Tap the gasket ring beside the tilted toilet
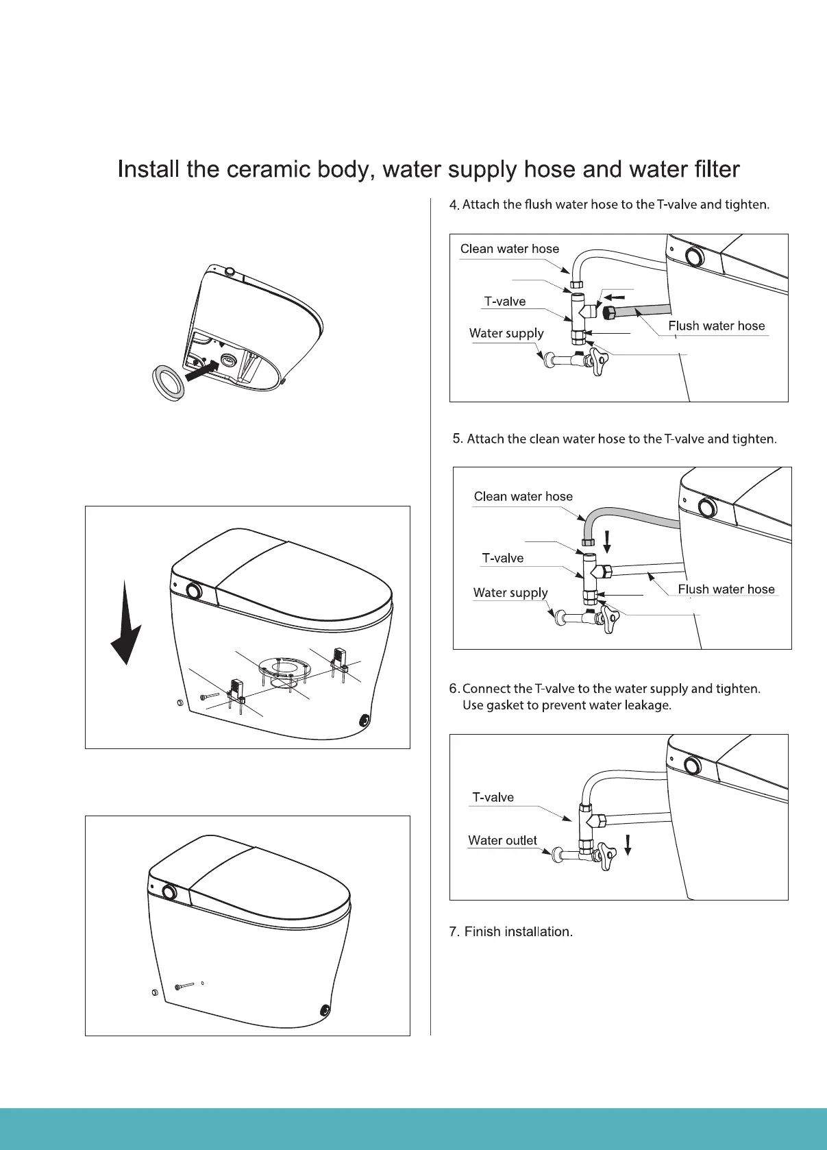pyautogui.click(x=169, y=382)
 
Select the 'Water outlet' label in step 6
pyautogui.click(x=502, y=840)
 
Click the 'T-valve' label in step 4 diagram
pyautogui.click(x=504, y=302)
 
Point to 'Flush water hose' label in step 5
pyautogui.click(x=726, y=589)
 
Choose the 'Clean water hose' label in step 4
pyautogui.click(x=509, y=249)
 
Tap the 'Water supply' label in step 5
pyautogui.click(x=510, y=593)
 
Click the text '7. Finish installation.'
pyautogui.click(x=510, y=931)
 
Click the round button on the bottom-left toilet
pyautogui.click(x=169, y=892)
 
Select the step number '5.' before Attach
pyautogui.click(x=458, y=439)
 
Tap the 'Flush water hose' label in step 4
pyautogui.click(x=716, y=326)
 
